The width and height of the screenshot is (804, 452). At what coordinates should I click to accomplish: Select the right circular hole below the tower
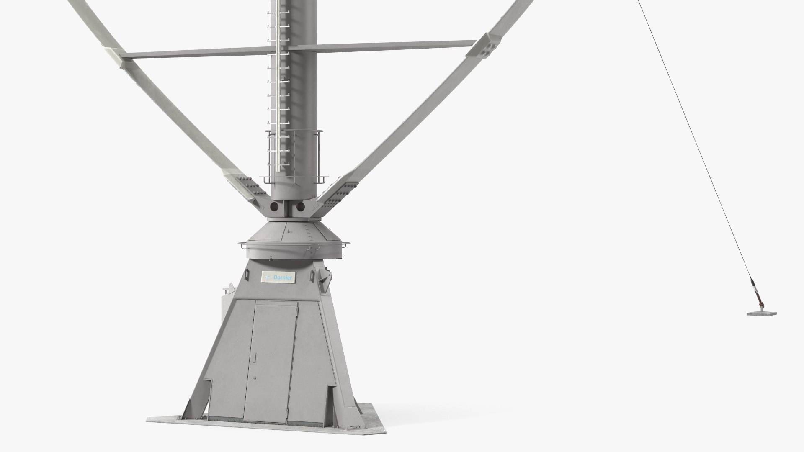click(300, 207)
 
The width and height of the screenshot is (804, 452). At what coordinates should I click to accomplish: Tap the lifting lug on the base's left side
click(229, 289)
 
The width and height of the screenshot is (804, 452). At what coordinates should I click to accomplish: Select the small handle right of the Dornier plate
click(312, 276)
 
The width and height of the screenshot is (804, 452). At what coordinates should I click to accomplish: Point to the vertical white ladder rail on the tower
click(278, 84)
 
